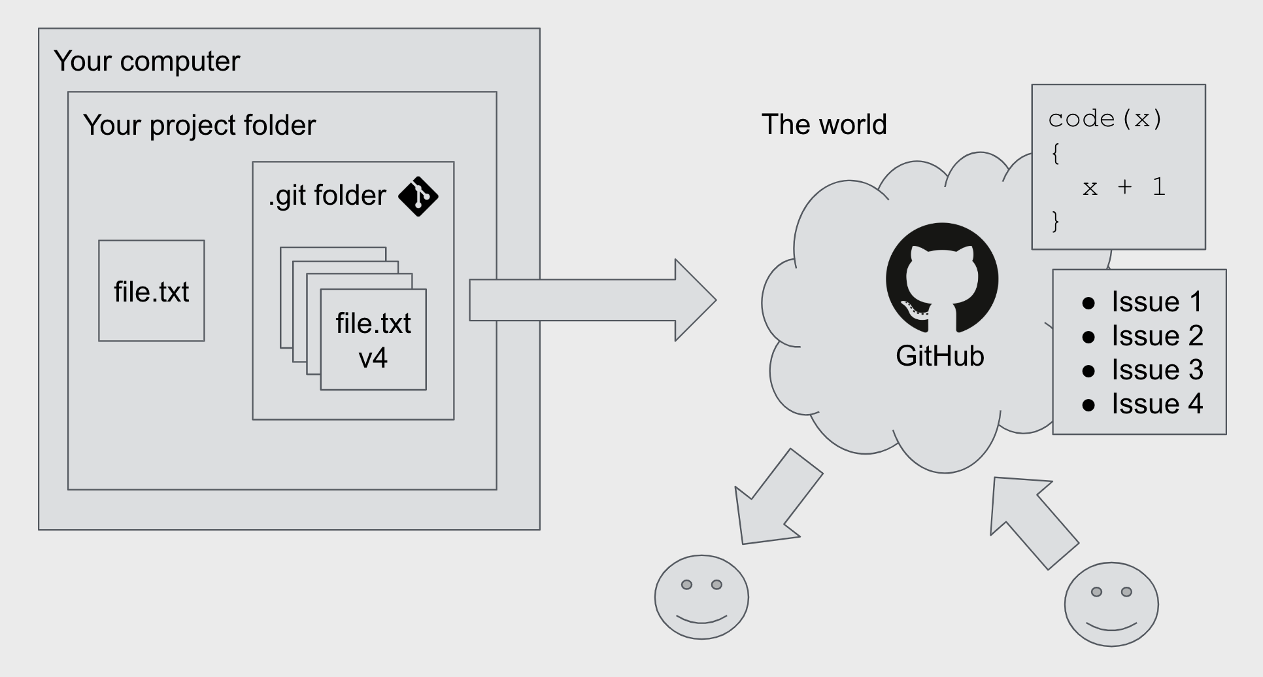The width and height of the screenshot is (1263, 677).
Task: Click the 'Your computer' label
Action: pyautogui.click(x=146, y=61)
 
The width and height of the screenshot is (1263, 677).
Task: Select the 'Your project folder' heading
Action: pyautogui.click(x=199, y=125)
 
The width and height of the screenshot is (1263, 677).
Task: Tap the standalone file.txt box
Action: pyautogui.click(x=151, y=291)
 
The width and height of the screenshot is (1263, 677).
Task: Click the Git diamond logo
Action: pyautogui.click(x=418, y=196)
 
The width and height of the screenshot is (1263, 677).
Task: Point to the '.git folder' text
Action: pyautogui.click(x=328, y=196)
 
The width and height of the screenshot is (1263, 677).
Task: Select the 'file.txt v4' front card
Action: pyautogui.click(x=373, y=340)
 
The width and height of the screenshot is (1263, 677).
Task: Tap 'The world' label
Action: pyautogui.click(x=824, y=124)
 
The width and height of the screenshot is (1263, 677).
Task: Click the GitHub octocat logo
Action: pyautogui.click(x=942, y=279)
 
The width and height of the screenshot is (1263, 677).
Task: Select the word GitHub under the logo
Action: pyautogui.click(x=939, y=356)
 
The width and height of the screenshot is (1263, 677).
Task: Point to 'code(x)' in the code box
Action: pyautogui.click(x=1105, y=119)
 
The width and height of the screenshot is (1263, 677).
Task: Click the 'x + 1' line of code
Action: pyautogui.click(x=1124, y=188)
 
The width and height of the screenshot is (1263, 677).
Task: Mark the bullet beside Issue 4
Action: pyautogui.click(x=1088, y=405)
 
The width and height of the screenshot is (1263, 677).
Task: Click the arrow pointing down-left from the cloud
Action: pyautogui.click(x=774, y=501)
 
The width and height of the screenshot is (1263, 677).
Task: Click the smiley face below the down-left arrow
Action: pyautogui.click(x=701, y=597)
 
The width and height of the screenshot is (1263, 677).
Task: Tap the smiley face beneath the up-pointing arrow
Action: pyautogui.click(x=1111, y=604)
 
